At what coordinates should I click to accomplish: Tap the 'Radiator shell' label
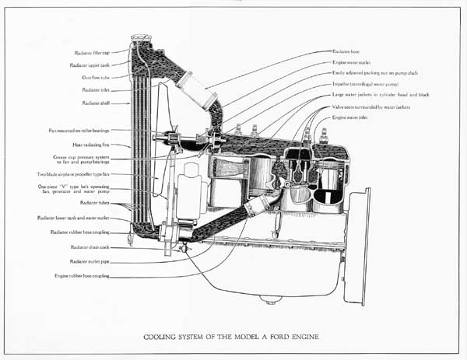coord(95,103)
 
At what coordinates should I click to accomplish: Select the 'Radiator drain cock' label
coord(90,246)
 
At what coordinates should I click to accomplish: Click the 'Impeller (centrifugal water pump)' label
coord(370,83)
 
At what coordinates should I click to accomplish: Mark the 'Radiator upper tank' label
coord(91,65)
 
